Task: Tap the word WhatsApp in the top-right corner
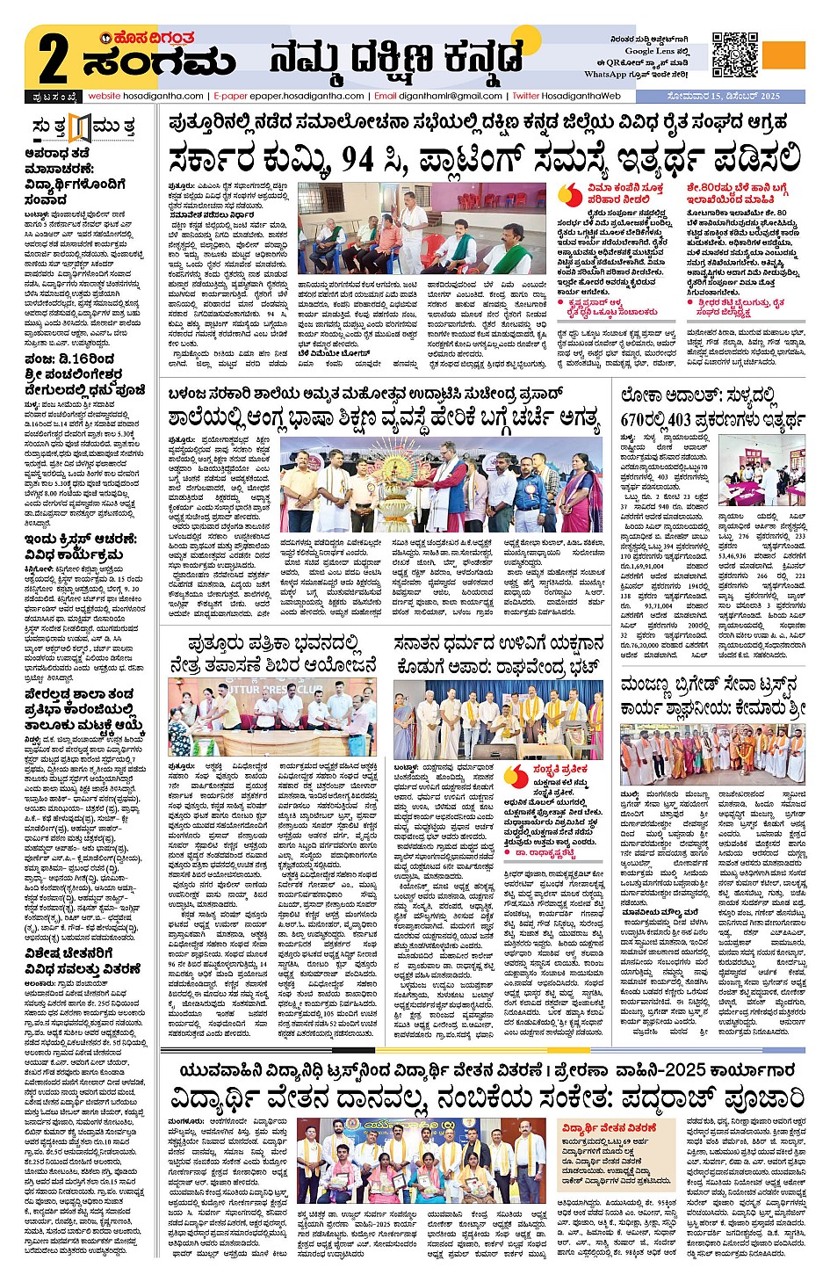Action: [x=606, y=75]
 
